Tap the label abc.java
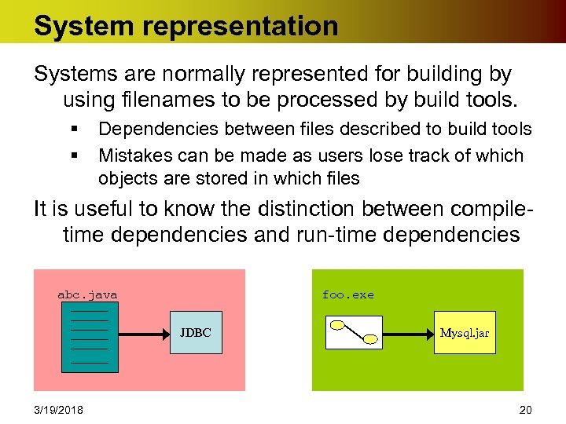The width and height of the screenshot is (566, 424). click(x=87, y=295)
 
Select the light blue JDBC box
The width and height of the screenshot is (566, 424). click(x=195, y=333)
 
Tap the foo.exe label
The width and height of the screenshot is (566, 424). click(x=347, y=295)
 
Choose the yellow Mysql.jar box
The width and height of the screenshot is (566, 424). click(x=465, y=333)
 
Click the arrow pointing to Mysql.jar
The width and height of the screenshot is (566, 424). click(x=410, y=333)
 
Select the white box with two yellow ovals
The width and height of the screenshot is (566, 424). click(x=354, y=332)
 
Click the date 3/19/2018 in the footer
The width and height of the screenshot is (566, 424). click(x=60, y=409)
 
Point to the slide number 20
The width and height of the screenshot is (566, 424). click(x=525, y=409)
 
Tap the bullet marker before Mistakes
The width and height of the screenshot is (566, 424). click(x=72, y=155)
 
